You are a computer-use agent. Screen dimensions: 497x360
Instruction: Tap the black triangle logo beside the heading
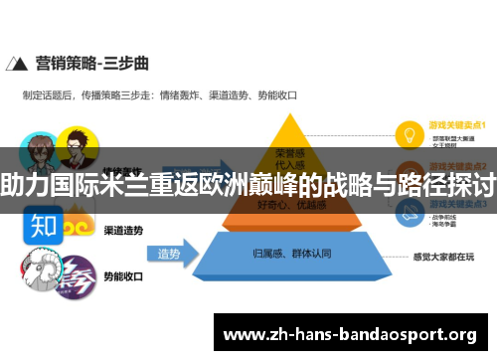click(16, 64)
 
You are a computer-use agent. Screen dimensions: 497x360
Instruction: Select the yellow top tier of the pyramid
click(287, 145)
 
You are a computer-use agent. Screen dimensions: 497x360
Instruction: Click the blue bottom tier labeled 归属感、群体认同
click(287, 255)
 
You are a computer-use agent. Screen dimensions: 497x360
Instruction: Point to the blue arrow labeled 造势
click(170, 255)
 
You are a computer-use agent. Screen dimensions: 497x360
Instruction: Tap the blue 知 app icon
click(43, 225)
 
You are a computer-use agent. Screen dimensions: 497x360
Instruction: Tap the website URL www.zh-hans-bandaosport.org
click(353, 333)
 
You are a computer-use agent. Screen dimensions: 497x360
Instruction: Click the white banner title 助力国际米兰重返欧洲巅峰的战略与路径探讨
click(248, 183)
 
